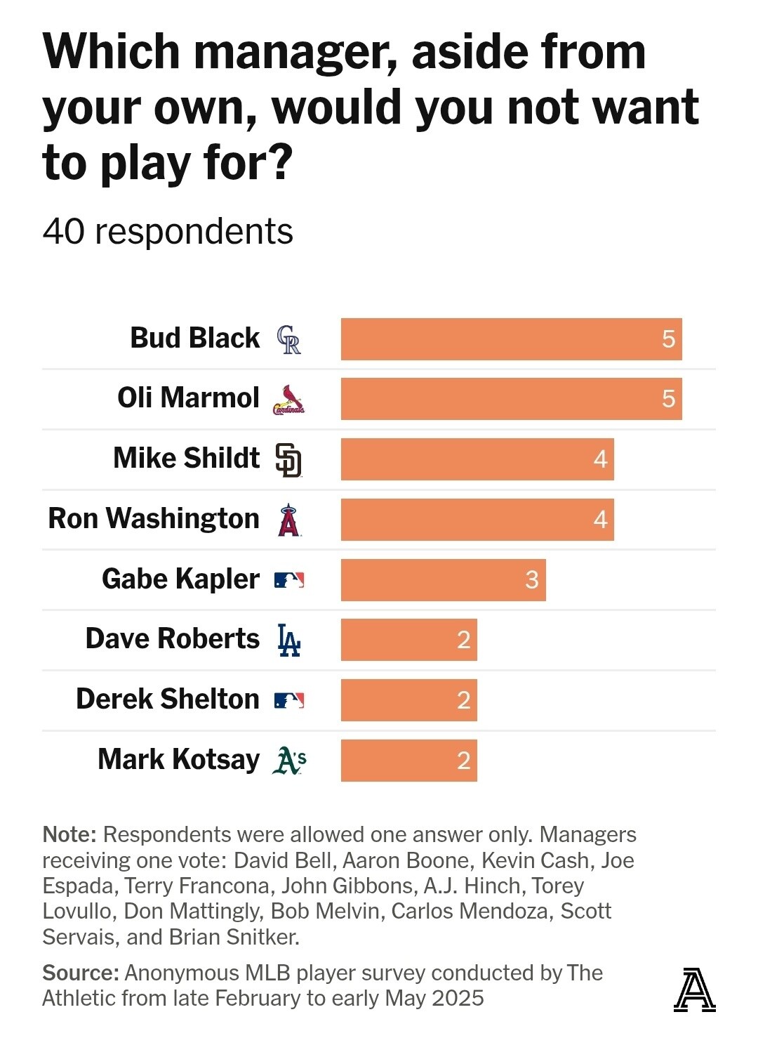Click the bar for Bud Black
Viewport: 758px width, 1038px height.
pos(511,339)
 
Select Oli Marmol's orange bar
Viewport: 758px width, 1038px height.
pos(511,399)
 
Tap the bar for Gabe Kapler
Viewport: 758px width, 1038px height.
pos(443,579)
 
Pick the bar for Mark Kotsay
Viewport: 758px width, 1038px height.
pos(408,760)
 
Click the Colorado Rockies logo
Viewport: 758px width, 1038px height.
pos(288,339)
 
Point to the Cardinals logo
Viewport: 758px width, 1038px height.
pos(288,400)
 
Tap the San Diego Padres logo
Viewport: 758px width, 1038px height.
pos(288,460)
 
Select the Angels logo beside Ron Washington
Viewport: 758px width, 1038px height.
pos(288,520)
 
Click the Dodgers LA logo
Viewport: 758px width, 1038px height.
pos(288,640)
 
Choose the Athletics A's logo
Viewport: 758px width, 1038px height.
pos(289,760)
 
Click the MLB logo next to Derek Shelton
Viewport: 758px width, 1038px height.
pos(288,700)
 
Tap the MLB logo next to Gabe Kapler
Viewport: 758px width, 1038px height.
pos(288,580)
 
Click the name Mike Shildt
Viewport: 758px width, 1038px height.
pos(186,458)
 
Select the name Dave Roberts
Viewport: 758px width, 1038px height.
pos(172,638)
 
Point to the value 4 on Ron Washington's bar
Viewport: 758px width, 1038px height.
pos(600,520)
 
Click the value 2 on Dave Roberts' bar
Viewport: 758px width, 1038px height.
pos(463,640)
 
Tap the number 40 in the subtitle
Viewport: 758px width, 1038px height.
pos(64,232)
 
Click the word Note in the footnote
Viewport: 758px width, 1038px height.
pos(69,834)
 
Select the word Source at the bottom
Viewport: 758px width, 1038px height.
pos(80,973)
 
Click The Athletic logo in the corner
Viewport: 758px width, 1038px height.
pos(694,990)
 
